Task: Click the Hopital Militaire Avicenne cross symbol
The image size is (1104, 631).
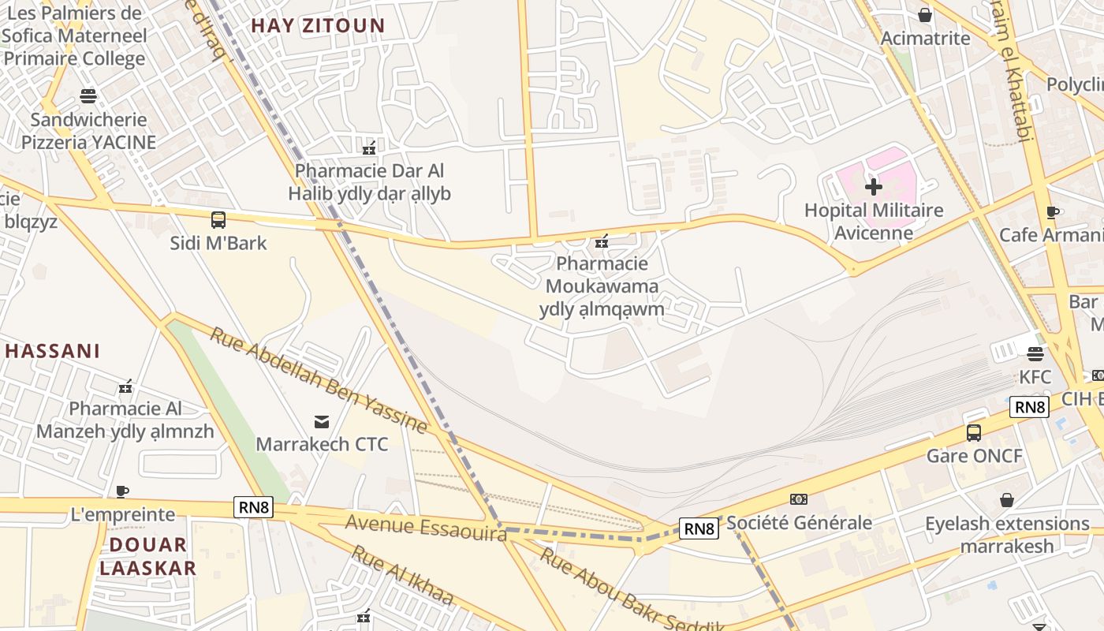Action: tap(874, 187)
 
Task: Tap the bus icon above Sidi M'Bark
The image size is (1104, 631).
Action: tap(218, 220)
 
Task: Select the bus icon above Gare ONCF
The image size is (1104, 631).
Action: tap(974, 432)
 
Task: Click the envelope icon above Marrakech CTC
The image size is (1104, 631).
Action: tap(322, 421)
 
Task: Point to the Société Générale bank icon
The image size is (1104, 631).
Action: tap(799, 499)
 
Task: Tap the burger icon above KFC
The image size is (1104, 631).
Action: tap(1035, 354)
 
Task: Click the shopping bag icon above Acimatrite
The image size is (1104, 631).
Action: tap(925, 15)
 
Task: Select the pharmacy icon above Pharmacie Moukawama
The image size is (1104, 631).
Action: tap(602, 241)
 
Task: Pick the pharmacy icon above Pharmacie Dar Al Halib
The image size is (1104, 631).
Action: tap(368, 147)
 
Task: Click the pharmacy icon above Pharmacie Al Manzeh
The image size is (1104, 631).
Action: tap(125, 386)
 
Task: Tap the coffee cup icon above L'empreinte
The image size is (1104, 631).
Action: tap(122, 492)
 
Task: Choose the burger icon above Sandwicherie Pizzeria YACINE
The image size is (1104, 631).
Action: tap(88, 96)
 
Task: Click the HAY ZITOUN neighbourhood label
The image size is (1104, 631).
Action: tap(318, 25)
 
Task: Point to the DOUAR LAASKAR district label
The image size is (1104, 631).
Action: tap(147, 556)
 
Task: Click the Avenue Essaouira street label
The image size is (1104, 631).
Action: tap(426, 527)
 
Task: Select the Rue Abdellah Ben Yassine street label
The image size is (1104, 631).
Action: tap(318, 380)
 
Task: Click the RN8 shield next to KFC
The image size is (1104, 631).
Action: tap(1030, 407)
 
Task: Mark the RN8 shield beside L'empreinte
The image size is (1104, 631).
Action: tap(254, 508)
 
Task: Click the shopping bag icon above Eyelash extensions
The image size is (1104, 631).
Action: tap(1007, 500)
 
